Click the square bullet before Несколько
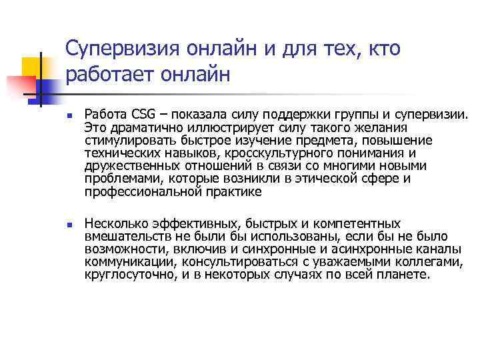click(x=69, y=225)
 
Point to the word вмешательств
click(x=126, y=237)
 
